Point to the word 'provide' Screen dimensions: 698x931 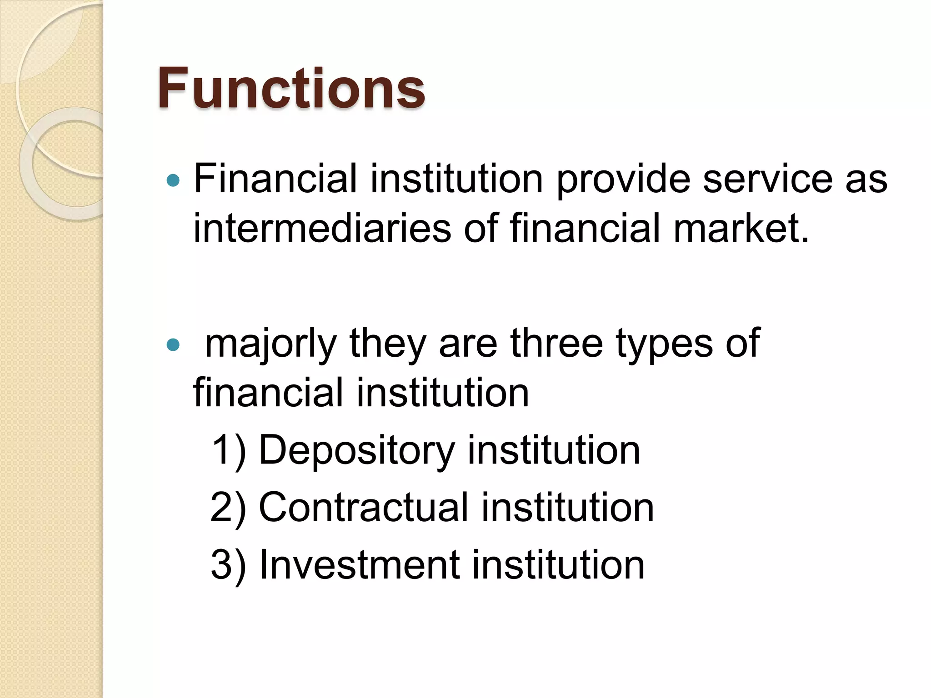click(x=623, y=179)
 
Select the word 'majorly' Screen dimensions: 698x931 click(x=271, y=344)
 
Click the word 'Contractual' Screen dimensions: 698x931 click(x=363, y=507)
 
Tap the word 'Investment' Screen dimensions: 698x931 click(x=359, y=565)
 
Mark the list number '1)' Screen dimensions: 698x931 click(x=229, y=450)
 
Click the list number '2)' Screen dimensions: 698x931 click(x=228, y=507)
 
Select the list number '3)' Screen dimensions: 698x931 click(x=228, y=565)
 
